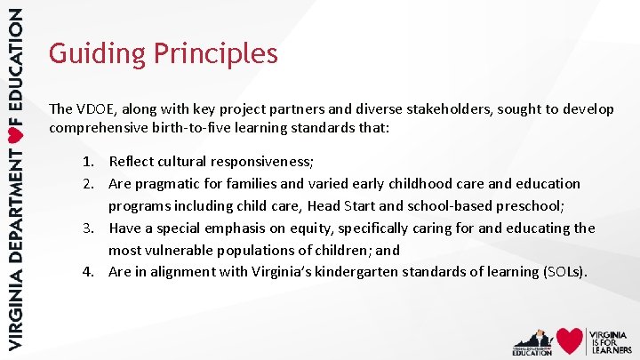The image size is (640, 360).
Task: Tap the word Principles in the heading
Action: (x=216, y=54)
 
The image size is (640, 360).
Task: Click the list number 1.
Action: (x=89, y=162)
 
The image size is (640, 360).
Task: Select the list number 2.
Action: (x=89, y=184)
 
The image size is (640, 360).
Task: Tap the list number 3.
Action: (x=89, y=228)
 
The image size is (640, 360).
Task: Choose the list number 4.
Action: (x=89, y=272)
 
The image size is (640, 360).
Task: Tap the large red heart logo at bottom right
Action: (x=570, y=340)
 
